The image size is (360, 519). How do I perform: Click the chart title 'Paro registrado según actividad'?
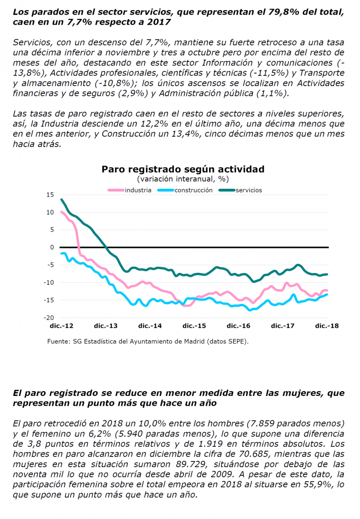pos(183,169)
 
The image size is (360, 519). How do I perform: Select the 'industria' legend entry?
pos(130,190)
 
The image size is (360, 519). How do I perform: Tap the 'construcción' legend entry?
pos(185,190)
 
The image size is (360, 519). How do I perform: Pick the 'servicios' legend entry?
pos(240,190)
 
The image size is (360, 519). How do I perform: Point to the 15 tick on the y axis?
pos(50,195)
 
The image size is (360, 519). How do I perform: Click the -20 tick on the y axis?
pos(49,318)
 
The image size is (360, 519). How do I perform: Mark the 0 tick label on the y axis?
pos(52,247)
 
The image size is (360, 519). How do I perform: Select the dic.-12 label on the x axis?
pos(61,326)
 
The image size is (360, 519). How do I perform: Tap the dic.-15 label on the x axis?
pos(194,326)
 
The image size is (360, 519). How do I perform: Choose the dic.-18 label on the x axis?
pos(327,326)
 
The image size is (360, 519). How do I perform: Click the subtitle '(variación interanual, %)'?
pos(183,179)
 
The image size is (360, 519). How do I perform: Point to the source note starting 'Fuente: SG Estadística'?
pos(148,341)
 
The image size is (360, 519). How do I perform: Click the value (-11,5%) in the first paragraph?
pos(271,73)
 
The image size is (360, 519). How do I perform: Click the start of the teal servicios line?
pos(61,199)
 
